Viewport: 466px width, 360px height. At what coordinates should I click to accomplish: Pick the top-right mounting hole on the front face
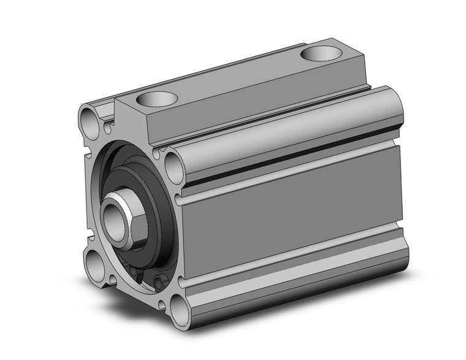pos(173,166)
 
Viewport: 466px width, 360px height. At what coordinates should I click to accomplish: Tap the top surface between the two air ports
pos(239,77)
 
